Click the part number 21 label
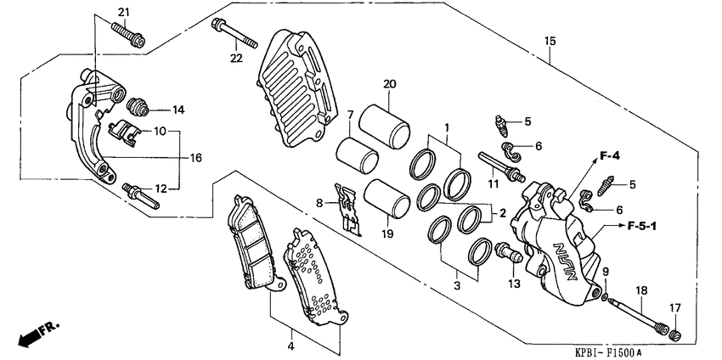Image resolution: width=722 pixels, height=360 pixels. tap(124, 11)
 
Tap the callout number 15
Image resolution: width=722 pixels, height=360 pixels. tap(550, 41)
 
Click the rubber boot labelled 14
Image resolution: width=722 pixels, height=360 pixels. tap(137, 108)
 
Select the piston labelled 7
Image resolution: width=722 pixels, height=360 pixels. tap(357, 155)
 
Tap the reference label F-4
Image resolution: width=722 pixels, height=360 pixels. tap(610, 155)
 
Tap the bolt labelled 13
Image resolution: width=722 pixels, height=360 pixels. tap(505, 252)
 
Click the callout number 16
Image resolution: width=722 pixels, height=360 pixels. tap(195, 158)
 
